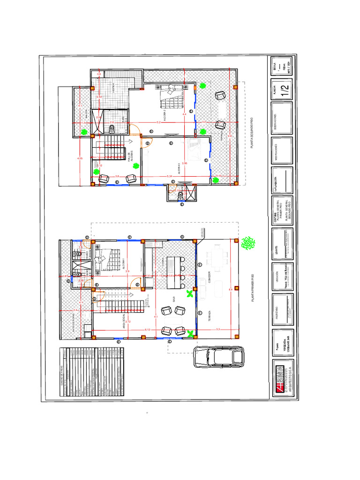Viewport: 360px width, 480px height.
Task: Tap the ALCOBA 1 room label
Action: coord(124,263)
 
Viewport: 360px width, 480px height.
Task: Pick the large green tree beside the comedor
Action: coord(247,243)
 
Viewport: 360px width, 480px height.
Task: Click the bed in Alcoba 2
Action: coord(172,98)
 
